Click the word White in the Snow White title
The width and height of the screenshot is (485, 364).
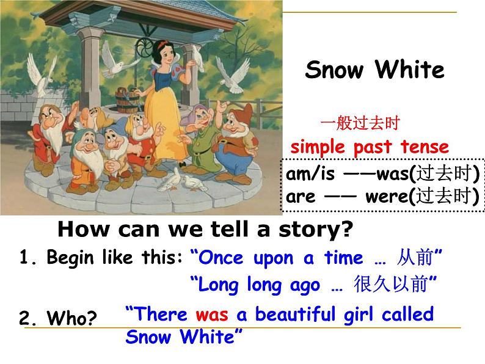410,69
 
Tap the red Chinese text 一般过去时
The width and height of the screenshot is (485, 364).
360,123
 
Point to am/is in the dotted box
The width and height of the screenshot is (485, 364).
310,173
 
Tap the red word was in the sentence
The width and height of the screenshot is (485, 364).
212,315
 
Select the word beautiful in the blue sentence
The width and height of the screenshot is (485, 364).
295,314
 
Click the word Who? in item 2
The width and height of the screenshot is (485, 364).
71,318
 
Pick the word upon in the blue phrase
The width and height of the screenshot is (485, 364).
273,258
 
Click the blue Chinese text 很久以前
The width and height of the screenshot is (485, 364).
391,284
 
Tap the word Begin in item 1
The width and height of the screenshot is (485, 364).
70,257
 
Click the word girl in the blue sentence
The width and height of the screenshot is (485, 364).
358,315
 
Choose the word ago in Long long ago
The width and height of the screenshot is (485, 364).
305,286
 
